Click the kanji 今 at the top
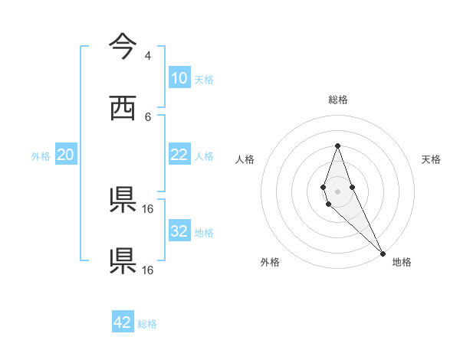pos(123,45)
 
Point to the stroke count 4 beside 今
pos(147,56)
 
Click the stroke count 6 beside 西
pos(147,116)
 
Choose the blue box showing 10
pos(179,77)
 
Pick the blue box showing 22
pos(179,155)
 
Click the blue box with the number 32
pos(179,231)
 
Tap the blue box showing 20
pos(65,155)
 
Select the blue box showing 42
pos(123,322)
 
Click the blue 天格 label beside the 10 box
pos(204,80)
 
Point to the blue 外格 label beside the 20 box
pos(41,156)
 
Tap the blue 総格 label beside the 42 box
pos(147,324)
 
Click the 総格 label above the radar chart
pos(337,100)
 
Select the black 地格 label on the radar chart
pos(402,262)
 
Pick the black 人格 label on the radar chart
pos(245,159)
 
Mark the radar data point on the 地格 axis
pos(383,253)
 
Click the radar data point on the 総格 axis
pos(337,146)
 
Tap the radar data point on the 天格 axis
pos(352,186)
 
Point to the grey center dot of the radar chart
pos(337,191)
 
